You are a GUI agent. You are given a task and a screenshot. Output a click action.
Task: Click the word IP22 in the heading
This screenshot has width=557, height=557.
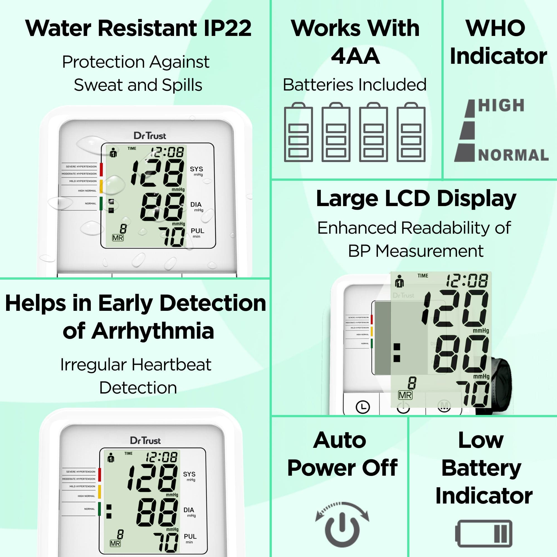pyautogui.click(x=228, y=28)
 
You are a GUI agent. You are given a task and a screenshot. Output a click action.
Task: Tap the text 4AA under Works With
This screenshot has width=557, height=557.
pyautogui.click(x=355, y=56)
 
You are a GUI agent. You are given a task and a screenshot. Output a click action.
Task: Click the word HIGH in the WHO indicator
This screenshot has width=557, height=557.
pyautogui.click(x=501, y=106)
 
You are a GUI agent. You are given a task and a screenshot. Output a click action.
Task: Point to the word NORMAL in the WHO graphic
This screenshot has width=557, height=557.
pyautogui.click(x=513, y=155)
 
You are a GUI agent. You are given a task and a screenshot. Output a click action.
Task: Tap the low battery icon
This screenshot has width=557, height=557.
pyautogui.click(x=483, y=533)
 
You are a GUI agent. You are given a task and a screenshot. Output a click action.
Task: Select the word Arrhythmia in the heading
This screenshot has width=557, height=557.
pyautogui.click(x=153, y=331)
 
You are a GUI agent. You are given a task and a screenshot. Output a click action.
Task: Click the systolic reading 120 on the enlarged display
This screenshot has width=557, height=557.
pyautogui.click(x=456, y=309)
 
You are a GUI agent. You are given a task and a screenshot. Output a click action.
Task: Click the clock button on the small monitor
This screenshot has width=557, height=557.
pyautogui.click(x=363, y=407)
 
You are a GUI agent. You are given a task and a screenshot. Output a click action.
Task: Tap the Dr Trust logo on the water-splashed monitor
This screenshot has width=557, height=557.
pyautogui.click(x=150, y=136)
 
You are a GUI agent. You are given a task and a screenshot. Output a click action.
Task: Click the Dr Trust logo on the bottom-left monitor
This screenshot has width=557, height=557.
pyautogui.click(x=145, y=441)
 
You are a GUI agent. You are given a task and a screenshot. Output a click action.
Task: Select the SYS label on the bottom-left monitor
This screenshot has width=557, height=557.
pyautogui.click(x=189, y=474)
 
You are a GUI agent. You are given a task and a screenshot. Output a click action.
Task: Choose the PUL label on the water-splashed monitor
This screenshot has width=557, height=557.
pyautogui.click(x=197, y=231)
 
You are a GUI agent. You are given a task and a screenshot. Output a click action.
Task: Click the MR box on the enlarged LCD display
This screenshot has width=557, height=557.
pyautogui.click(x=405, y=395)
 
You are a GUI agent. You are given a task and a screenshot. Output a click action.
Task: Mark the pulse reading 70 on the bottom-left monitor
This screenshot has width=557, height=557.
pyautogui.click(x=166, y=542)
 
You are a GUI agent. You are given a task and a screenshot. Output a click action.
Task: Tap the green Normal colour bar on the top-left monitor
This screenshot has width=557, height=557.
pyautogui.click(x=101, y=203)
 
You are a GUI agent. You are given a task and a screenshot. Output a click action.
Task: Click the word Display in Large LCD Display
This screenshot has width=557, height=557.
pyautogui.click(x=476, y=198)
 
